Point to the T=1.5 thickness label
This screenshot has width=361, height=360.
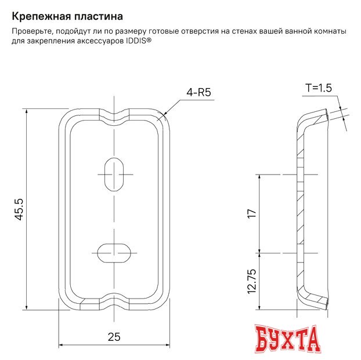tap(318, 88)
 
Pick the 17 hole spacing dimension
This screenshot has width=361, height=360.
tap(251, 213)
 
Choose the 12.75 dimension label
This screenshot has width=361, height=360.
tap(251, 281)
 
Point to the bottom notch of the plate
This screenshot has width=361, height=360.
tap(114, 306)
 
